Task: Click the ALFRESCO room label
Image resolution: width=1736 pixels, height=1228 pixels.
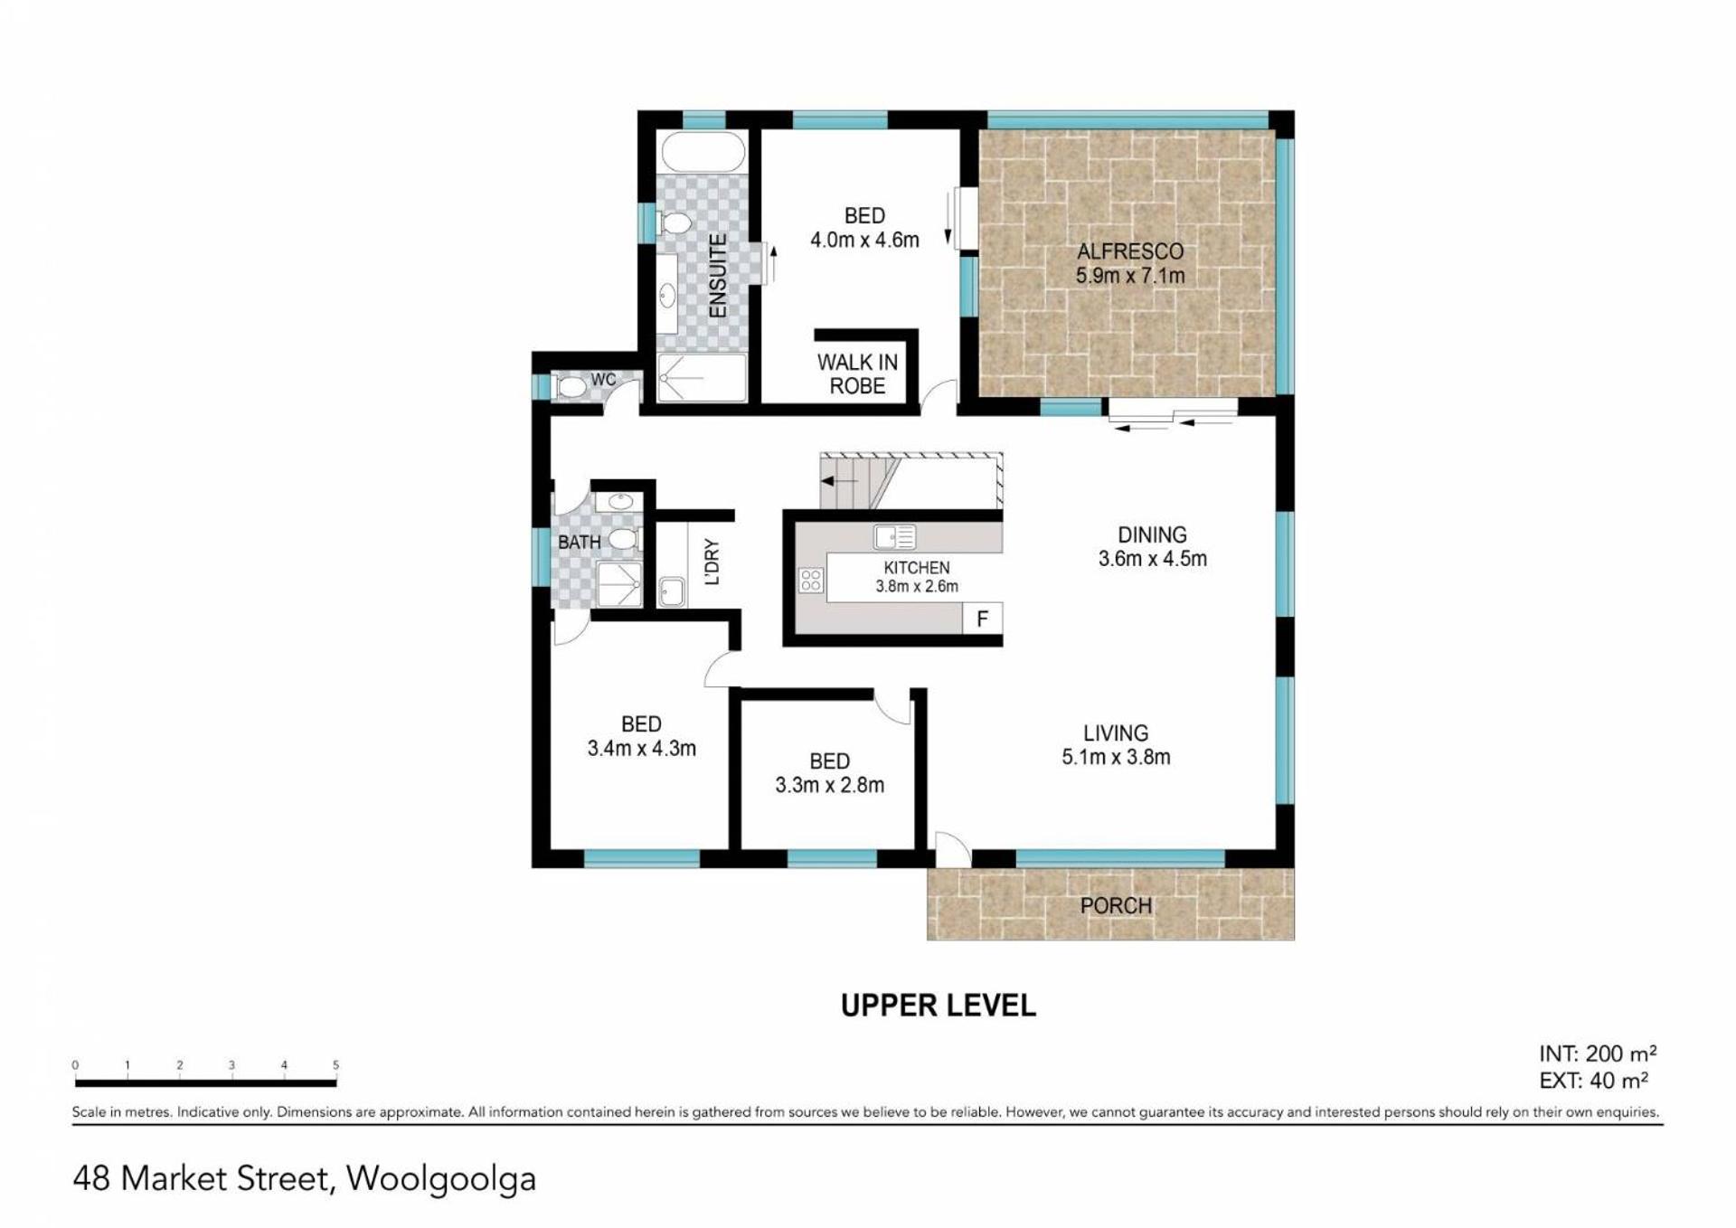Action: (x=1129, y=251)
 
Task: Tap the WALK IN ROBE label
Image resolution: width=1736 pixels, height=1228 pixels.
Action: (x=857, y=374)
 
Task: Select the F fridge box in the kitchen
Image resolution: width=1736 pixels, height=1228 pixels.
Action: (x=983, y=619)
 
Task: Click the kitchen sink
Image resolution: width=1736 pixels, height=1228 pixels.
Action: (x=894, y=538)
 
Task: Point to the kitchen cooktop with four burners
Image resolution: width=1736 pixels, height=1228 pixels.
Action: (x=811, y=581)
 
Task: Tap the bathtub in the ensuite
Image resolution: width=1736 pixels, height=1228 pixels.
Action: (x=703, y=152)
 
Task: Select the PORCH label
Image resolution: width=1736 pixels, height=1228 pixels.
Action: (x=1116, y=905)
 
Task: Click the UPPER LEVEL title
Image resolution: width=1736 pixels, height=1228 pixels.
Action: (x=939, y=1006)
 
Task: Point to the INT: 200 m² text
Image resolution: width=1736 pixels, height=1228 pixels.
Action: (x=1598, y=1053)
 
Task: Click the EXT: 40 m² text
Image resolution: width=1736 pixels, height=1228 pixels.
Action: (x=1593, y=1080)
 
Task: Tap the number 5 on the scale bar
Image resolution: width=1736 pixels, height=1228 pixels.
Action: (x=335, y=1065)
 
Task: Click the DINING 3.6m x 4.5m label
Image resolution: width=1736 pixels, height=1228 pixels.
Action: (x=1152, y=547)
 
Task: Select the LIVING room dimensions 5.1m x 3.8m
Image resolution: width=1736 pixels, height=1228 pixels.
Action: (x=1116, y=758)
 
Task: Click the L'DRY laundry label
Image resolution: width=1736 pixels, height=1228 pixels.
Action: (x=712, y=562)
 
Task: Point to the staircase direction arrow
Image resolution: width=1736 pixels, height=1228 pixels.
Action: (x=840, y=482)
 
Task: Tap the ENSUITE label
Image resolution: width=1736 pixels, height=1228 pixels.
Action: (x=718, y=276)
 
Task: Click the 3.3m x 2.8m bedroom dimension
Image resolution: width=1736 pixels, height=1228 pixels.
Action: (x=829, y=785)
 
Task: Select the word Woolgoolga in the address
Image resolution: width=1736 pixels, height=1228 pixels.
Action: (x=441, y=1179)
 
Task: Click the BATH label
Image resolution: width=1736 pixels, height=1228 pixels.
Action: (x=579, y=543)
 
